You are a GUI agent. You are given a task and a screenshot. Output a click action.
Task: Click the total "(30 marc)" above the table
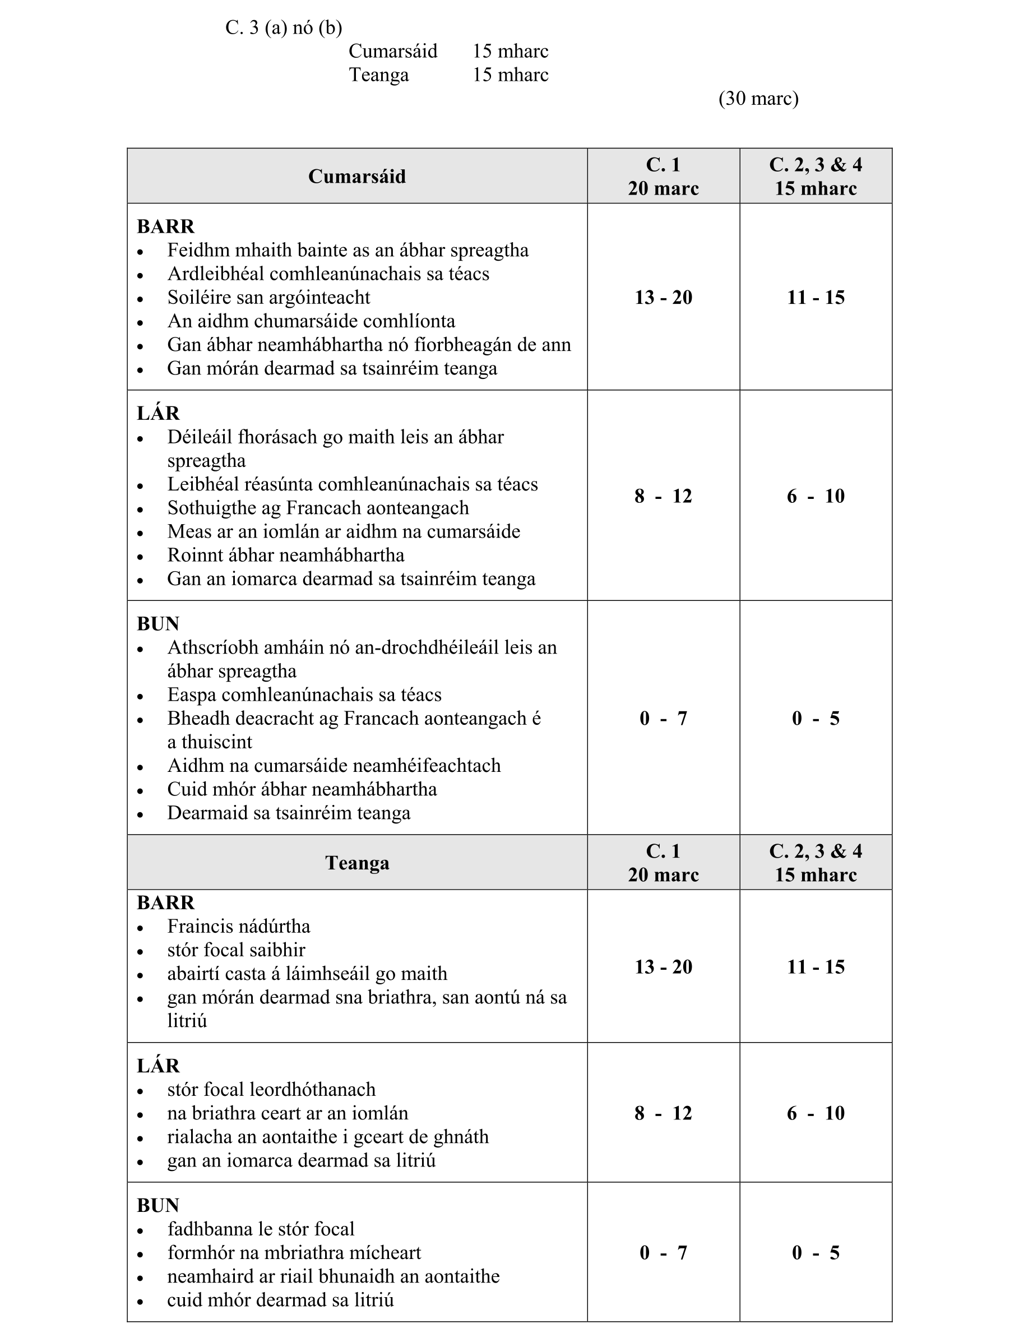click(758, 98)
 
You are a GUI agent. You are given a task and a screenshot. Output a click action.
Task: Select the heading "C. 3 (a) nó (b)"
click(283, 28)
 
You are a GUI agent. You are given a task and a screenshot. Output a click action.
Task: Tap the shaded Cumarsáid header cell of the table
click(356, 177)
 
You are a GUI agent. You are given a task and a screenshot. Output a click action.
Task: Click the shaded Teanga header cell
click(356, 862)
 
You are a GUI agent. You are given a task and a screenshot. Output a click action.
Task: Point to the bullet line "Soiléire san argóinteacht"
click(268, 297)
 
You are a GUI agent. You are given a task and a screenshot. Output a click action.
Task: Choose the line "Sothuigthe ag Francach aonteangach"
click(318, 508)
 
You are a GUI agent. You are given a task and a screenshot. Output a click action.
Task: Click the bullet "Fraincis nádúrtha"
click(238, 926)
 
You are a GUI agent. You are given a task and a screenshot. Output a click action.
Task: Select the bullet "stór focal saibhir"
click(236, 950)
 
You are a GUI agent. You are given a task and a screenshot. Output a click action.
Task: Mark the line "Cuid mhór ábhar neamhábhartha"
click(302, 789)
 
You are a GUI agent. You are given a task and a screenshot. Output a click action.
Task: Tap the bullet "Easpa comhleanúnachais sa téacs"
click(304, 695)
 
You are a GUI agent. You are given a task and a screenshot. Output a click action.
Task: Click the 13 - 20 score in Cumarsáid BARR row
click(663, 297)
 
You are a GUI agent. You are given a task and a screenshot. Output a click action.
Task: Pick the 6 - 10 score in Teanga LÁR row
click(815, 1113)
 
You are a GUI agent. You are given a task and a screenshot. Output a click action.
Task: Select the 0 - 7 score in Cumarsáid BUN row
click(663, 718)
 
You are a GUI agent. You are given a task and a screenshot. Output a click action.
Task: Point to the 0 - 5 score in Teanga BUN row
click(815, 1252)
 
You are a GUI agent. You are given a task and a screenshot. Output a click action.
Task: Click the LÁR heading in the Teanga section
click(158, 1066)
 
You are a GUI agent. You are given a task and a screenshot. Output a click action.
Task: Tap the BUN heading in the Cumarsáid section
click(158, 623)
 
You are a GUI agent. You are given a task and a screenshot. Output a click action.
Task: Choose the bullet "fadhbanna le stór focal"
click(261, 1229)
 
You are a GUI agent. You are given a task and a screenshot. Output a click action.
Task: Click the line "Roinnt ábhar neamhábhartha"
click(286, 555)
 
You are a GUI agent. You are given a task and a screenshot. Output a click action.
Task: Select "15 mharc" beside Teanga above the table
click(510, 75)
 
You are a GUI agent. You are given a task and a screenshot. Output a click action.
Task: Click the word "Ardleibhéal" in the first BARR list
click(216, 274)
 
